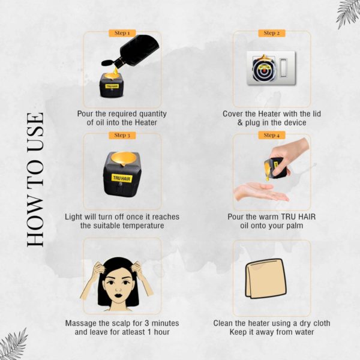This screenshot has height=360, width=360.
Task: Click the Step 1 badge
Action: (x=122, y=33)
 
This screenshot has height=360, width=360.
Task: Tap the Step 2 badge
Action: (x=272, y=33)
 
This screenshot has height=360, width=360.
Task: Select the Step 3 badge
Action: (x=122, y=135)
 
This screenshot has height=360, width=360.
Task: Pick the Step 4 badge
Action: (x=272, y=135)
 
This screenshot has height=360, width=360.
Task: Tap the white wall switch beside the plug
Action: (x=284, y=68)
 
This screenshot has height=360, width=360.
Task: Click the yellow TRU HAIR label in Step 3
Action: (x=122, y=178)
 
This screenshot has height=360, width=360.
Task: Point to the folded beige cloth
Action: (x=266, y=278)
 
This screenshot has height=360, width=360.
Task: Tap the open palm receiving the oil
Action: (x=260, y=192)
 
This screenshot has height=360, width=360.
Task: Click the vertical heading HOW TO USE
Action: (x=35, y=180)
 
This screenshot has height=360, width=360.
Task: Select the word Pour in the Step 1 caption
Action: (x=85, y=113)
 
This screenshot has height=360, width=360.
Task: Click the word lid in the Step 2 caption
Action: (x=316, y=113)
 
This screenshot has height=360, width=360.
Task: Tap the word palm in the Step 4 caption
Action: (x=295, y=226)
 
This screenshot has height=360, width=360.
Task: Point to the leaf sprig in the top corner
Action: (x=348, y=14)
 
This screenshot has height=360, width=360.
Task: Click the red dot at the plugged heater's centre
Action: (x=264, y=70)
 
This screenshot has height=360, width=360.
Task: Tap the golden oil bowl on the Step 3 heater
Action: (x=124, y=158)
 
